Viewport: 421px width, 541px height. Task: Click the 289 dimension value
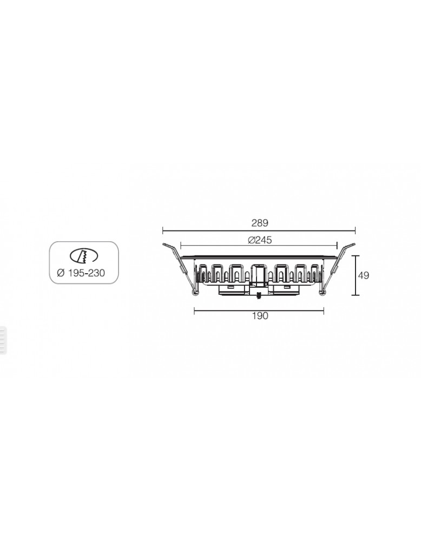point(260,222)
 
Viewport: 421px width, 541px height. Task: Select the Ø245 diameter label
point(260,240)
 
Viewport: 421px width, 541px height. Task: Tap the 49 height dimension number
point(364,275)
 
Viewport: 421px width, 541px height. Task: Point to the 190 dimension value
point(260,316)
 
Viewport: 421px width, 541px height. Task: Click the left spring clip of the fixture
point(181,265)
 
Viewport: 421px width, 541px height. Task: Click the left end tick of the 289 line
point(163,229)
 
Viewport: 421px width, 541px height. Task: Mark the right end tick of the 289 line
point(355,229)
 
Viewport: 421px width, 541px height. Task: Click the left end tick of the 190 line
point(194,311)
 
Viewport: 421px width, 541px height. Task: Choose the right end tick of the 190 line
point(324,311)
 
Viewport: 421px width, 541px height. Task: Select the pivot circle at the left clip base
point(195,292)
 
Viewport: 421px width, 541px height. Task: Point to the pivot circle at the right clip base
point(323,292)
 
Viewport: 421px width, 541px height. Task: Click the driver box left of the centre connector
point(233,289)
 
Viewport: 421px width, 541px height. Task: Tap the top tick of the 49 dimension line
point(355,256)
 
